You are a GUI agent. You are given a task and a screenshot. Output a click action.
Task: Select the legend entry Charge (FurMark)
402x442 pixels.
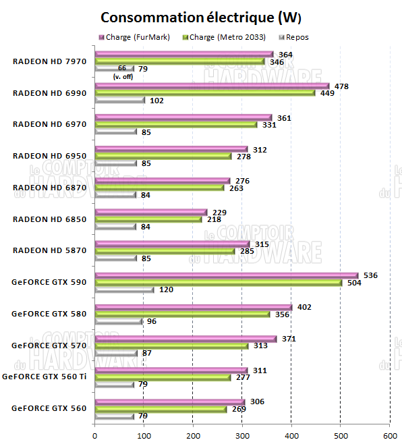[x=134, y=37]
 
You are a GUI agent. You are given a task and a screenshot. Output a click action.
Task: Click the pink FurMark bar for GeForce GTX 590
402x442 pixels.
[x=227, y=275]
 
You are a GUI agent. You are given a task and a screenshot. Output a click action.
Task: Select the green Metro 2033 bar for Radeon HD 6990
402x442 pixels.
[x=205, y=93]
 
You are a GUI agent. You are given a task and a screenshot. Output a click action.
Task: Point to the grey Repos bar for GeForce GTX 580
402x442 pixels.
[x=119, y=321]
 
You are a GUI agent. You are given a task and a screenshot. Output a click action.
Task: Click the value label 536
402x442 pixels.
[x=370, y=275]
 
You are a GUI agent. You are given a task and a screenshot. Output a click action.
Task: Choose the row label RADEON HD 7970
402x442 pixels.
[x=50, y=61]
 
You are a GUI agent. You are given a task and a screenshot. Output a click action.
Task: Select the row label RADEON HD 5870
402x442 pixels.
[x=50, y=250]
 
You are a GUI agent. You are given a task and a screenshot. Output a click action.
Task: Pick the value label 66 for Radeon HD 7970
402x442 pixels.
[x=122, y=69]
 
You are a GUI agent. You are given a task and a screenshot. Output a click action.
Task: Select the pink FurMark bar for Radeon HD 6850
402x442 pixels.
[x=151, y=212]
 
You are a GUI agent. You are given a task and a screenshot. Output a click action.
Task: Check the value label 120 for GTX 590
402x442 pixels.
[x=165, y=290]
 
